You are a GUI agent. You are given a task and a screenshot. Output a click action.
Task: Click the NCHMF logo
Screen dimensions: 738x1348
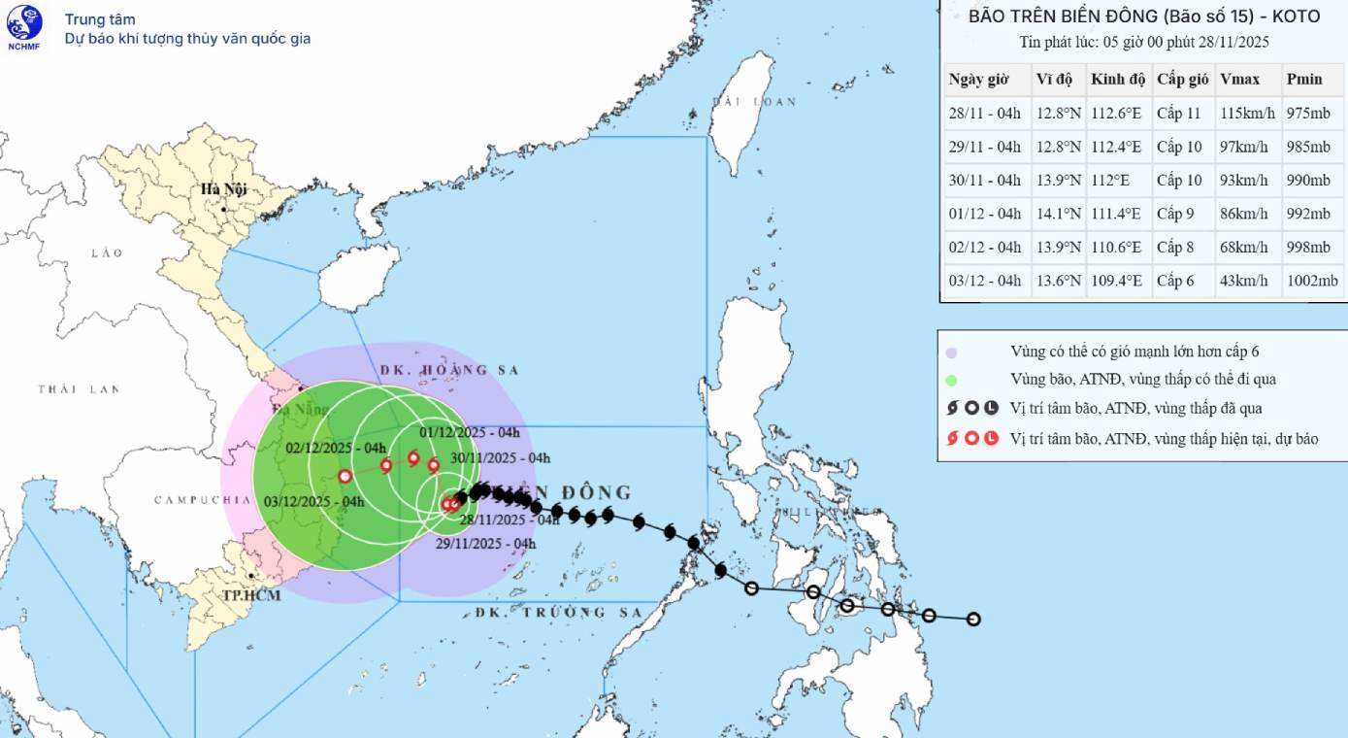(24, 27)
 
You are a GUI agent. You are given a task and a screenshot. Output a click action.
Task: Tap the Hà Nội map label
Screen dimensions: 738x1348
(220, 189)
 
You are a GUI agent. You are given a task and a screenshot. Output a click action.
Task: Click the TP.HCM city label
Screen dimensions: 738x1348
(251, 594)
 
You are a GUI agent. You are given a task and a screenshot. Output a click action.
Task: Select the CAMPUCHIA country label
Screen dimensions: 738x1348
(203, 500)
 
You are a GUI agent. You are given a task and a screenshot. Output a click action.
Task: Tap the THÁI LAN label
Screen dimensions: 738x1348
(79, 389)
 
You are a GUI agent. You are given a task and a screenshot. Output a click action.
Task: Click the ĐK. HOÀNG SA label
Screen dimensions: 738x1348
(450, 370)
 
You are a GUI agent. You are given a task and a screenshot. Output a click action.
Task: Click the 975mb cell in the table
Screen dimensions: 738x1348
(1307, 114)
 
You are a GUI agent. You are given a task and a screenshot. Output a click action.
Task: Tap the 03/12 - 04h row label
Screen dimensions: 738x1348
(984, 282)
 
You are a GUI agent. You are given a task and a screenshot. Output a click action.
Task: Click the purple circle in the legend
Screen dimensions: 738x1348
(952, 352)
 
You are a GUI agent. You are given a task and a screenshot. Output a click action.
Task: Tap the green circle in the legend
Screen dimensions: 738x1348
(952, 380)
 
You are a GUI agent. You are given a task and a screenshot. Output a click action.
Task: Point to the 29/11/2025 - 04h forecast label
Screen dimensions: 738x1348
(486, 544)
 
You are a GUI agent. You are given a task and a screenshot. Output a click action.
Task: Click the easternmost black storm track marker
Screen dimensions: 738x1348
(973, 620)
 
